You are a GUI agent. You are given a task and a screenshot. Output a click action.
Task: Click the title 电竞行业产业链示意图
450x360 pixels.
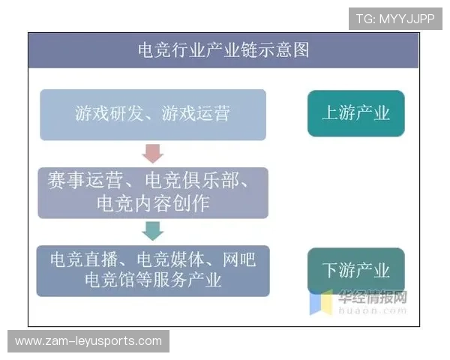tap(224, 50)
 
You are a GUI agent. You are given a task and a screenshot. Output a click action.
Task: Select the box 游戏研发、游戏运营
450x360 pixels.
tap(153, 114)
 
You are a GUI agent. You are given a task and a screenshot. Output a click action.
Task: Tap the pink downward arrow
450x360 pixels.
tap(153, 153)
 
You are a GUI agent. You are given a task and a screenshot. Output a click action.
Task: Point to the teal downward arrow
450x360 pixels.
tap(153, 229)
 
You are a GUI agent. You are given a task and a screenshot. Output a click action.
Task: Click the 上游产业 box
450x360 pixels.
tap(355, 113)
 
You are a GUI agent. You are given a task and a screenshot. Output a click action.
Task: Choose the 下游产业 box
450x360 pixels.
tap(355, 270)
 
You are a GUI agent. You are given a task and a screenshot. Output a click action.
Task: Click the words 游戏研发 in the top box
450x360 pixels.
tap(104, 114)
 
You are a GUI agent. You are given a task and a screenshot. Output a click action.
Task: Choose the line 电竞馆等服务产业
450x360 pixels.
tap(153, 280)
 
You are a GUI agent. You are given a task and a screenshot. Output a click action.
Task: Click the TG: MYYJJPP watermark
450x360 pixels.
tap(395, 19)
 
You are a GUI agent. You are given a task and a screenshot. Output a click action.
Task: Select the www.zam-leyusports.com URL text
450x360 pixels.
tap(88, 340)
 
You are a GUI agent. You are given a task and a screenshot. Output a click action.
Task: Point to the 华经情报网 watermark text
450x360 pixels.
tap(373, 295)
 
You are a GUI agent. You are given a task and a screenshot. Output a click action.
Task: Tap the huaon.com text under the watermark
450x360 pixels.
tap(373, 307)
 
